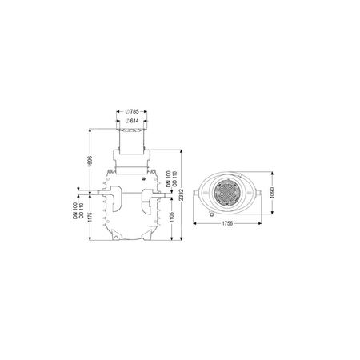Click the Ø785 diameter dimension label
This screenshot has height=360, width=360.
coord(132,111)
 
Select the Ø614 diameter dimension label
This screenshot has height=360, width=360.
coord(132,121)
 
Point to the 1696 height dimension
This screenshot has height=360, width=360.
coord(90,162)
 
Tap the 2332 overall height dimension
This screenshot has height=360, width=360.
coord(182,195)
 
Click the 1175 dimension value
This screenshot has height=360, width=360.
coord(90,218)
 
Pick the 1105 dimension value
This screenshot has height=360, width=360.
coord(171,217)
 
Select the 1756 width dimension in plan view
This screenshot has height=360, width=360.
coord(227,223)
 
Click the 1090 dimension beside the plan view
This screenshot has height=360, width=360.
coord(272,193)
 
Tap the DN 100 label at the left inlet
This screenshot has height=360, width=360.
coord(75,211)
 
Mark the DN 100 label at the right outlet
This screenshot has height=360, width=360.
coord(169,178)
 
